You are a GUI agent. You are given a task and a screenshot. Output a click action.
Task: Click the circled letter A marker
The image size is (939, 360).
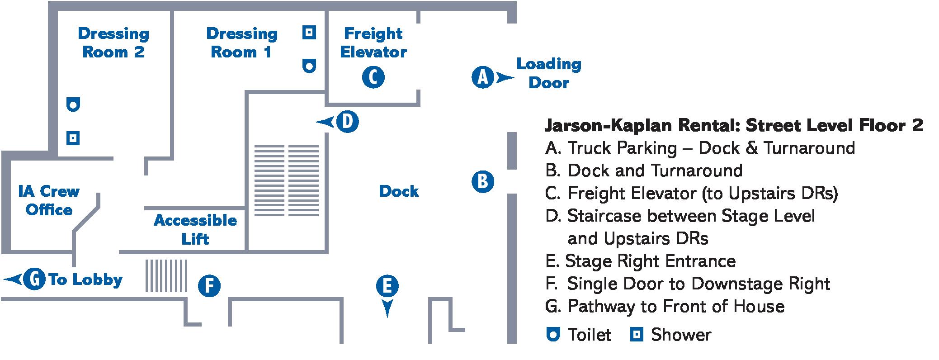tap(482, 77)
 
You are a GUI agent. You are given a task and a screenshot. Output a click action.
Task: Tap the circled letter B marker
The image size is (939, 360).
tap(482, 182)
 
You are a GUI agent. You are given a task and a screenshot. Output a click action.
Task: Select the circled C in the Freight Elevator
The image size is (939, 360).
tap(373, 77)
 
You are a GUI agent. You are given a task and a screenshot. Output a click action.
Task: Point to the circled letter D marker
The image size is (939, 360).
tap(347, 122)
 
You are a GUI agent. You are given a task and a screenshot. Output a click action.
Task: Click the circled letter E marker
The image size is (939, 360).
tap(387, 286)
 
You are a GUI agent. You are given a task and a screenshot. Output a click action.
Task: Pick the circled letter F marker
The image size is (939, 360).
tap(209, 286)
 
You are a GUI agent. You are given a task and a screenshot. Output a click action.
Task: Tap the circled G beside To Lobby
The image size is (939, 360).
tap(34, 279)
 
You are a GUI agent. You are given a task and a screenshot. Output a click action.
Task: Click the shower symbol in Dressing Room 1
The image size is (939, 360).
tap(309, 33)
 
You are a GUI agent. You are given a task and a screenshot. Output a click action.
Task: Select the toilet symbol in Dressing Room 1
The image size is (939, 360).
tap(309, 66)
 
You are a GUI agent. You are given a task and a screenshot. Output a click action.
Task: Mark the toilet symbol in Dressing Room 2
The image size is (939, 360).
tap(73, 104)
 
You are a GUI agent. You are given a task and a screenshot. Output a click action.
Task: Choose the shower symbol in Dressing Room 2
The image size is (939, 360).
tap(73, 138)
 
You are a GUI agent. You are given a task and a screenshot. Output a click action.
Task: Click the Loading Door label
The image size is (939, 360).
tap(548, 73)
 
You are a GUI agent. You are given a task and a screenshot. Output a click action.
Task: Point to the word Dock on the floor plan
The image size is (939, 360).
tap(399, 191)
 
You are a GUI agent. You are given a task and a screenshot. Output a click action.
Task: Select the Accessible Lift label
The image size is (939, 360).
tap(195, 229)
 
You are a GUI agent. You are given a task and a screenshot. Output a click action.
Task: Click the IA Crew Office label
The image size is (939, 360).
tap(49, 200)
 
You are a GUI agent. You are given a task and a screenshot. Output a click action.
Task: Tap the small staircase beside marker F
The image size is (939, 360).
tap(166, 275)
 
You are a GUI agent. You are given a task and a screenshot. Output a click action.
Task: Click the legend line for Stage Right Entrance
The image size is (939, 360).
tap(641, 261)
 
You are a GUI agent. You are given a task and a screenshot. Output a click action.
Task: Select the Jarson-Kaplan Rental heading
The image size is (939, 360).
tap(734, 125)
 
